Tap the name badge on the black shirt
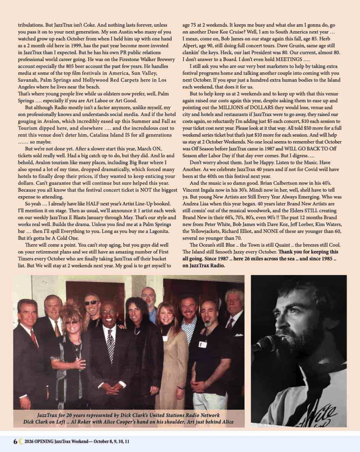tap(203, 344)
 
